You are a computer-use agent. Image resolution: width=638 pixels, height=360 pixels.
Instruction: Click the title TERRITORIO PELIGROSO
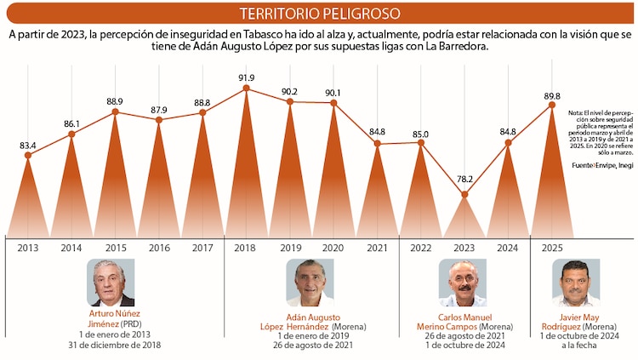319,14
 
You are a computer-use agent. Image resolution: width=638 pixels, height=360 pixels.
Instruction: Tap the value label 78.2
464,180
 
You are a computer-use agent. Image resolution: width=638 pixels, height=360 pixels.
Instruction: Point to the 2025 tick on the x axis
552,248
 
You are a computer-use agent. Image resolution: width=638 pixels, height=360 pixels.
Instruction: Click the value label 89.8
552,96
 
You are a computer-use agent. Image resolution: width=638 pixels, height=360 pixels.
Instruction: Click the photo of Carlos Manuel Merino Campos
464,283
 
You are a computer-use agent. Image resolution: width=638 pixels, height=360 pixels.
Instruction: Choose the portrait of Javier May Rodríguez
576,283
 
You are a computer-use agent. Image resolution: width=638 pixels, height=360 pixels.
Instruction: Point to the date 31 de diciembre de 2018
114,346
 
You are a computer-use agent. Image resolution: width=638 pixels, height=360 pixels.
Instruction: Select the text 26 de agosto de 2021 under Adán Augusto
311,346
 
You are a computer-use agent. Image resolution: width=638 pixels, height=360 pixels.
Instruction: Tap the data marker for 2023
464,195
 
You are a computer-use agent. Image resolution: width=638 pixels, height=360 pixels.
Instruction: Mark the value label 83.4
28,146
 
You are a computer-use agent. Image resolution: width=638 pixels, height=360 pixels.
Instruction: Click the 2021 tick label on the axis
378,248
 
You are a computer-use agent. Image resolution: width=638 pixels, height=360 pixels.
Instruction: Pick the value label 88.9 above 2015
115,101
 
